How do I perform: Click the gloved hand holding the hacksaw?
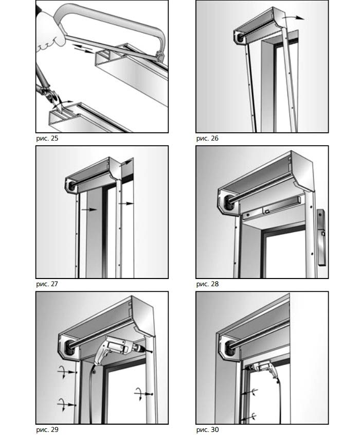(49, 39)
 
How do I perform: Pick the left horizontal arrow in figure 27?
(89, 210)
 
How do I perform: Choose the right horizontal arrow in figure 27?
(127, 204)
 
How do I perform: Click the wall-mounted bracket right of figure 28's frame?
(321, 237)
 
